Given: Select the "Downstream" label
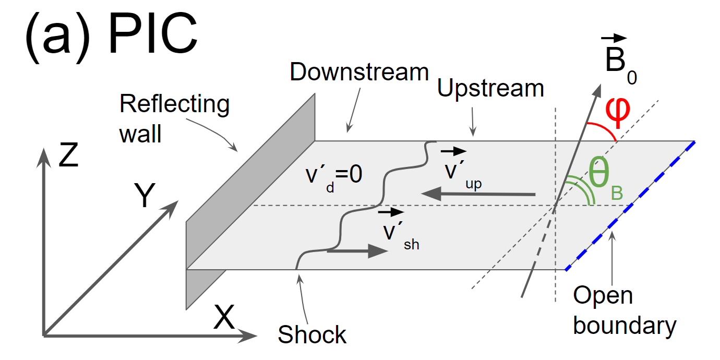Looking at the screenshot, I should coord(359,73).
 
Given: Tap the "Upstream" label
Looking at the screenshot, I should coord(490,89).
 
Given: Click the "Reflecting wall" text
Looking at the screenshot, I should coord(174,118).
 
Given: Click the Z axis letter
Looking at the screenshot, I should coord(68,155).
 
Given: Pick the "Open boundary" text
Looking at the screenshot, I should coord(624,311).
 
